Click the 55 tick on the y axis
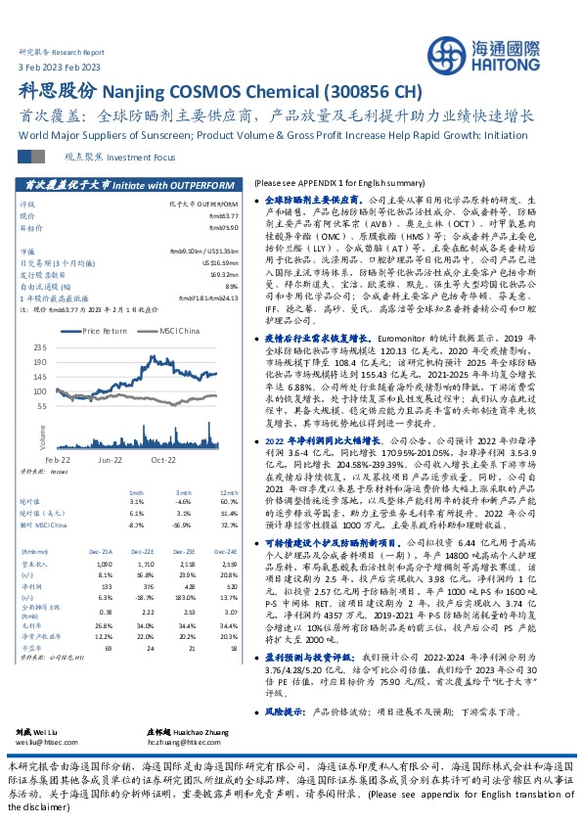tap(68, 404)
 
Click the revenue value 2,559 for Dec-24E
tap(227, 564)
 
